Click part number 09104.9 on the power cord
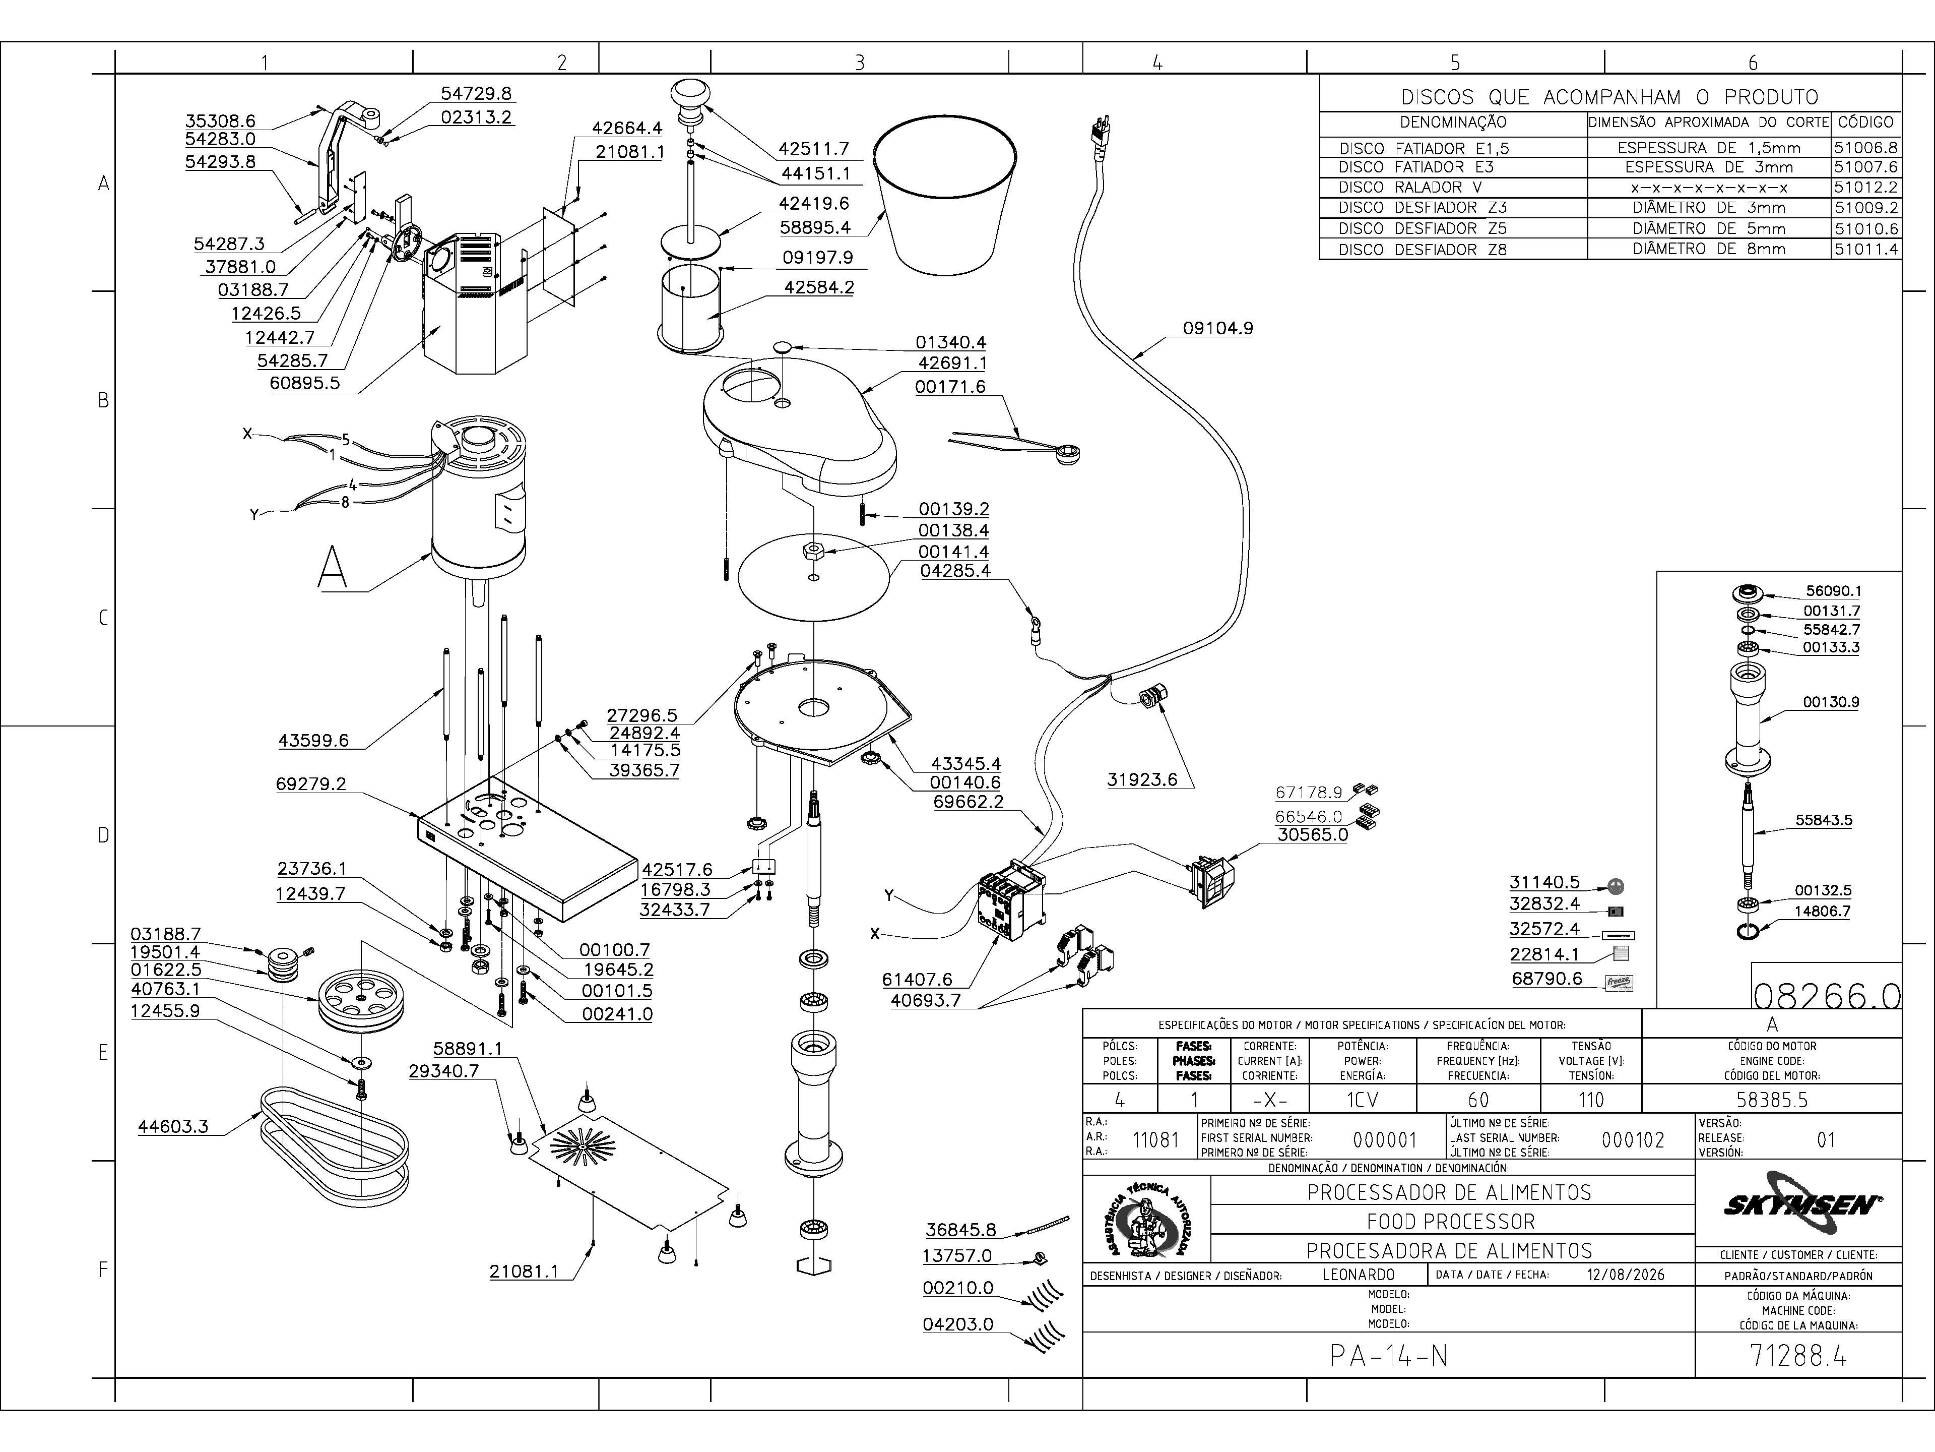point(1217,328)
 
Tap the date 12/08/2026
point(1625,1275)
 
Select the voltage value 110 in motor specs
point(1590,1099)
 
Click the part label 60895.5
point(305,383)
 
